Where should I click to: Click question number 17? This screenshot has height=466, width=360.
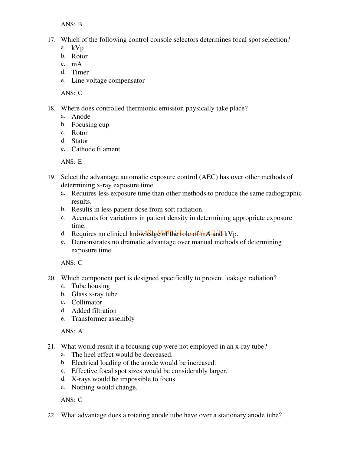coord(51,40)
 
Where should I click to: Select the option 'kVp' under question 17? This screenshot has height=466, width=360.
coord(77,48)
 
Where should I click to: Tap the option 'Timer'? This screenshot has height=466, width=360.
coord(80,72)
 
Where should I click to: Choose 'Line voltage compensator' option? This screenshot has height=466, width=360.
coord(108,80)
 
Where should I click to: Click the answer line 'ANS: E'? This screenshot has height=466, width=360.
coord(71,162)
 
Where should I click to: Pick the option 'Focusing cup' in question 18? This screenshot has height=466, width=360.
coord(90,125)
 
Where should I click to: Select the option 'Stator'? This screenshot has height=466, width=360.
coord(80,141)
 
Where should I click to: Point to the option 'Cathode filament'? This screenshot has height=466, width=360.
coord(96,149)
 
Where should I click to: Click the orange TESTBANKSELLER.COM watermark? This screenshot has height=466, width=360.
coord(180,232)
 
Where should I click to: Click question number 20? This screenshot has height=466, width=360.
coord(51,278)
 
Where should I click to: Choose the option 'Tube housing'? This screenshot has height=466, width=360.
coord(90,286)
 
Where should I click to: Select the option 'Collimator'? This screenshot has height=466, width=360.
coord(87,302)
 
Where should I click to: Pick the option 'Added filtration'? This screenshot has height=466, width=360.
coord(94,311)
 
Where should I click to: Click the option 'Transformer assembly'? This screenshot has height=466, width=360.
coord(103,319)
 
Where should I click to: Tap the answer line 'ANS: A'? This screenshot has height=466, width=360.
coord(72,331)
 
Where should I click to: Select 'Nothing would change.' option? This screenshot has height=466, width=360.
coord(104,387)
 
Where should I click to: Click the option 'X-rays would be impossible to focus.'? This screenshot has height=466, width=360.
coord(124,379)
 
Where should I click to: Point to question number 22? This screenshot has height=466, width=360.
coord(51,415)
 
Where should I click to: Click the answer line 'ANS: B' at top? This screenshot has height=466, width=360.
coord(71,24)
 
